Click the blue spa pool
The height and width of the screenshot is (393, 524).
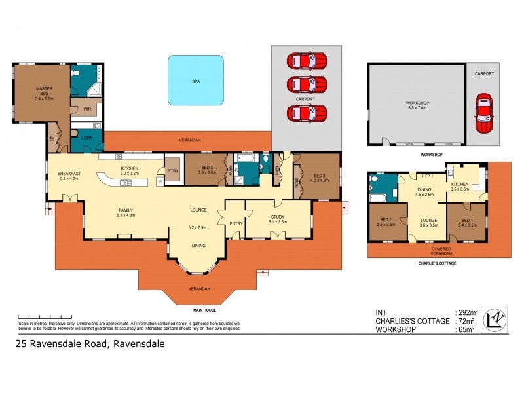coord(196,80)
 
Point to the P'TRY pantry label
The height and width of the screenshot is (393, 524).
coord(174,172)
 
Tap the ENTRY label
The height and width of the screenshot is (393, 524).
coord(236,223)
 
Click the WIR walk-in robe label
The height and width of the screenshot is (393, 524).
coord(86,109)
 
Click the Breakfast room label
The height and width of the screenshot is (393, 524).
coord(69,174)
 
